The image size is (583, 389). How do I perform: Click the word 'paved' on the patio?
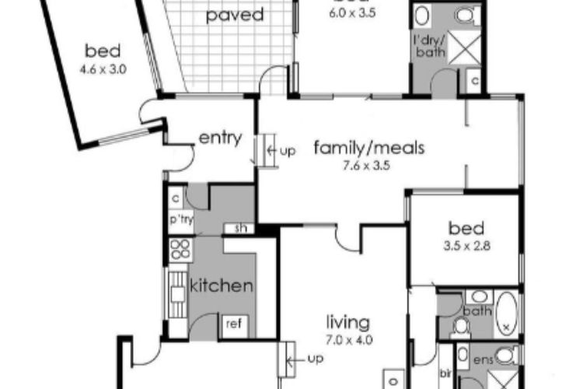pos(235,15)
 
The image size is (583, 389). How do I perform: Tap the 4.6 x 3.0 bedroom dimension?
pos(103,68)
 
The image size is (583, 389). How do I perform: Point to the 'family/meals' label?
pos(368,147)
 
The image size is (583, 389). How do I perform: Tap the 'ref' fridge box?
pos(233,323)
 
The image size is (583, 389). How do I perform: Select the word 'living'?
pos(347,321)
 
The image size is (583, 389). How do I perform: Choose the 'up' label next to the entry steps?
pos(287,150)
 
